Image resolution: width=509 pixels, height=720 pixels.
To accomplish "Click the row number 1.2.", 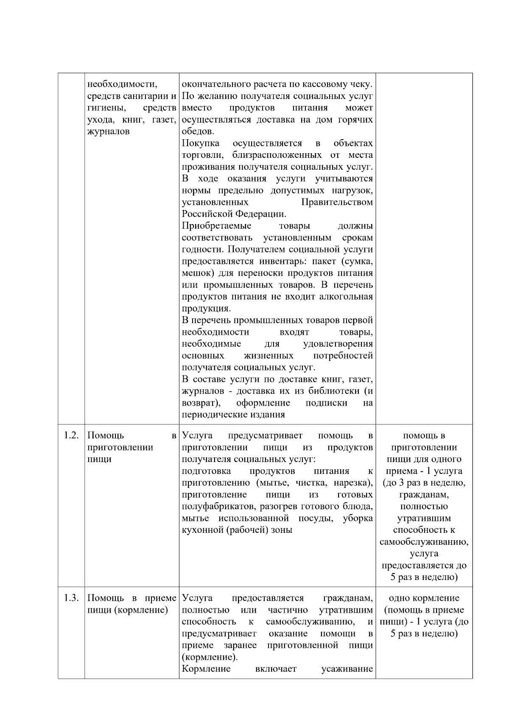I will pyautogui.click(x=71, y=435).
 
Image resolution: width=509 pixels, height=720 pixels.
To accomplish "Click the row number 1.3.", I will pyautogui.click(x=71, y=598).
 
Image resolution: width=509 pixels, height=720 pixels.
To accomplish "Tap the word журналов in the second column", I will pyautogui.click(x=109, y=132).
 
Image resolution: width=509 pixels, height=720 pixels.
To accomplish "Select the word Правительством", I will pyautogui.click(x=337, y=202).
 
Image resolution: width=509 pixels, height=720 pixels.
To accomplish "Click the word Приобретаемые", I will pyautogui.click(x=217, y=226).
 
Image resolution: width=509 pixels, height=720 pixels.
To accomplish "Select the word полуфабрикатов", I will pyautogui.click(x=217, y=507).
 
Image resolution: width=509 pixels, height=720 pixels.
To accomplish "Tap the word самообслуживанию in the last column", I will pyautogui.click(x=424, y=542).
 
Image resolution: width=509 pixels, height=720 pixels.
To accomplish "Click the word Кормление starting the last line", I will pyautogui.click(x=206, y=669).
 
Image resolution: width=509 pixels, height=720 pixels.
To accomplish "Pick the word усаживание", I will pyautogui.click(x=347, y=669).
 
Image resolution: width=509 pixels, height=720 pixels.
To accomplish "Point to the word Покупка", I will pyautogui.click(x=201, y=143).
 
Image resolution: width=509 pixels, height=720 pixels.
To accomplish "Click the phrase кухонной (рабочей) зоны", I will pyautogui.click(x=237, y=530).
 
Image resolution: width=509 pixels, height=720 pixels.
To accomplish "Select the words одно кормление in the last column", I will pyautogui.click(x=424, y=598).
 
